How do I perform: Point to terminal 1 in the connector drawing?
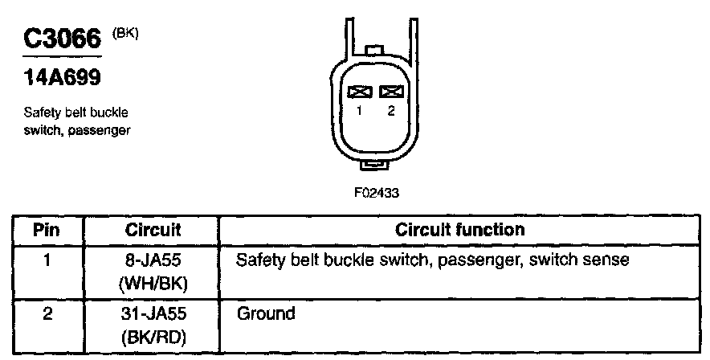(360, 92)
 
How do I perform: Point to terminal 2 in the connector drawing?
(391, 92)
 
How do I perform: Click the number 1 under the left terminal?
(360, 111)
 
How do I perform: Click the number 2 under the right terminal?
(391, 111)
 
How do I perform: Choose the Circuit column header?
(153, 231)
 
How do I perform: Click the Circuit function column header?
(460, 231)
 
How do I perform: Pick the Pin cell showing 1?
(47, 260)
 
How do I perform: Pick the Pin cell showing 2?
(47, 313)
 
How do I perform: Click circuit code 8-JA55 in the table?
(153, 260)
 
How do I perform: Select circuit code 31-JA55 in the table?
(153, 313)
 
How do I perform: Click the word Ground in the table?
(266, 313)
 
